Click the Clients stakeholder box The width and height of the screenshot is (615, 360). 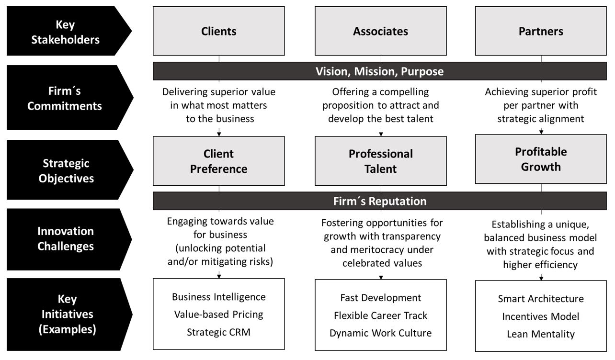[x=218, y=31]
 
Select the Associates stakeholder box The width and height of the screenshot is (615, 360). [x=380, y=31]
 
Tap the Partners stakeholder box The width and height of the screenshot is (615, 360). [x=541, y=31]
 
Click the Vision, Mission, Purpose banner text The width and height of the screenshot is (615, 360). [x=379, y=72]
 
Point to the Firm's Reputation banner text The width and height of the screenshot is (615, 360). [x=379, y=201]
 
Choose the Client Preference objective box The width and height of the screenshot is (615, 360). [x=218, y=161]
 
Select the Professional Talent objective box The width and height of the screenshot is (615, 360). [x=380, y=161]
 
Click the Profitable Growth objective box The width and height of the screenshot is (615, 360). [x=541, y=159]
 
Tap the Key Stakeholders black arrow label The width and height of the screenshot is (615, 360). [x=66, y=32]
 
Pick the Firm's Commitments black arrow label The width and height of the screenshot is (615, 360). [x=65, y=98]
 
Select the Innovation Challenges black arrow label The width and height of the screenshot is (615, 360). [x=66, y=238]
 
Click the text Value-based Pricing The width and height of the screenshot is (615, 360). [x=218, y=315]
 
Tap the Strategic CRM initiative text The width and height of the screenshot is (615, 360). [x=218, y=332]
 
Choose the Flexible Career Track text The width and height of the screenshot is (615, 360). [x=380, y=315]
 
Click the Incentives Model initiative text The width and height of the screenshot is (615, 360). [x=541, y=316]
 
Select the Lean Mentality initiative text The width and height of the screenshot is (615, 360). [x=541, y=334]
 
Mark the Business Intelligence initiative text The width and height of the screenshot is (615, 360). [x=218, y=297]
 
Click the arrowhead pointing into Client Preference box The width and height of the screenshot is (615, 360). [x=219, y=134]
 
